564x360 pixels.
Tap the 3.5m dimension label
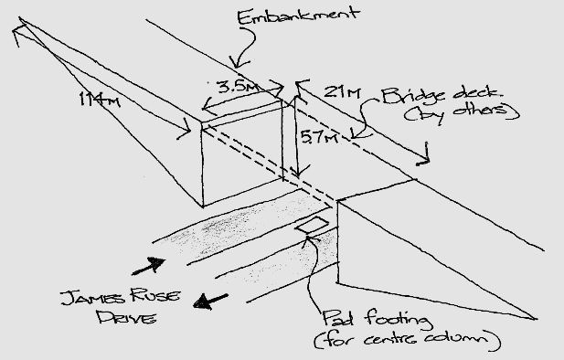[x=235, y=88]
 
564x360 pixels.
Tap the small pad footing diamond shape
[x=312, y=226]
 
